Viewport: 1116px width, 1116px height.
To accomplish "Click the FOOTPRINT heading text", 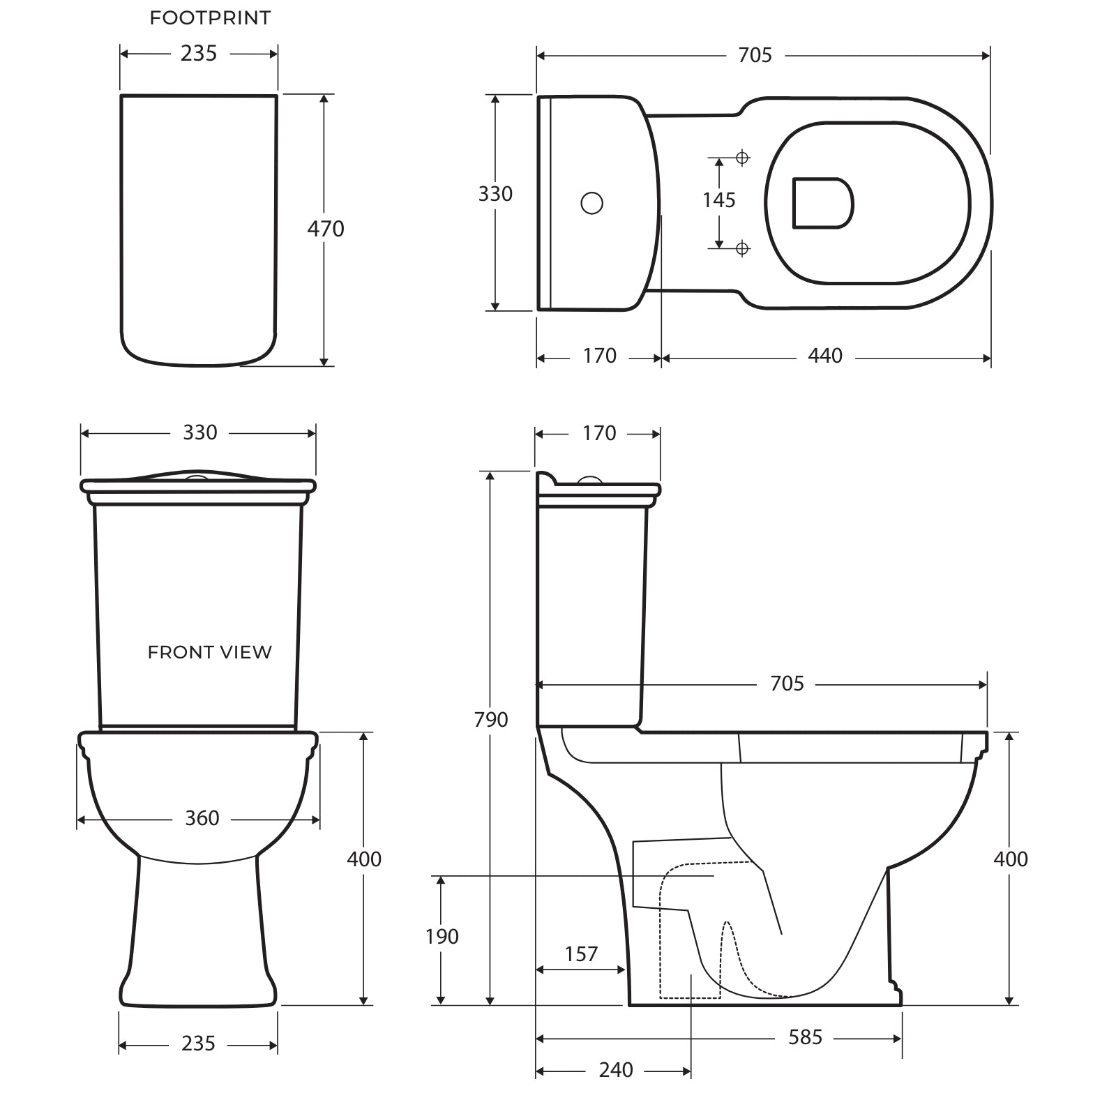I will (x=210, y=18).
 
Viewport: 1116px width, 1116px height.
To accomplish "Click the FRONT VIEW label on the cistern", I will (x=209, y=652).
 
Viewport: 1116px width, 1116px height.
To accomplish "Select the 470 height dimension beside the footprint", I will (x=326, y=229).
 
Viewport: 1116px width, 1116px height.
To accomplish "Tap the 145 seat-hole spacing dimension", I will (x=718, y=200).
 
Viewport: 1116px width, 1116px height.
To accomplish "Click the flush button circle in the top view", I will (x=591, y=203).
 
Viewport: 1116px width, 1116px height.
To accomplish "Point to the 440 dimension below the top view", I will (x=825, y=356).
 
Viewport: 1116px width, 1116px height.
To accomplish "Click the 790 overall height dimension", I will (x=490, y=719).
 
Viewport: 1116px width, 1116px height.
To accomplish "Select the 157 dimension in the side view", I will (x=581, y=953).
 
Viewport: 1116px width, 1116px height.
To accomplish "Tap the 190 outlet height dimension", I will (x=442, y=936).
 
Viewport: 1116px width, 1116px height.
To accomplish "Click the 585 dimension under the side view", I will (x=805, y=1037).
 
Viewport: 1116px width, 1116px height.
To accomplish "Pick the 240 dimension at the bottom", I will (x=616, y=1070).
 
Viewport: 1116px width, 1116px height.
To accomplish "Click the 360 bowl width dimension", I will (x=202, y=818).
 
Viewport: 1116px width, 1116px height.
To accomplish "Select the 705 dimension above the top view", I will (x=755, y=55).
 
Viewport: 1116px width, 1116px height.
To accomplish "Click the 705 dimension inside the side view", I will (x=787, y=684).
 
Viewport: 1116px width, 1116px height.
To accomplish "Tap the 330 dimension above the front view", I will (x=200, y=432).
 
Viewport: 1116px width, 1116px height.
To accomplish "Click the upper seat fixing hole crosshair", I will (x=742, y=158).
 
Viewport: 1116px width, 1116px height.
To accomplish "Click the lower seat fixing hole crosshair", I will (x=742, y=248).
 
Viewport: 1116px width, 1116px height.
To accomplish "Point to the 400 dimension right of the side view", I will (x=1010, y=859).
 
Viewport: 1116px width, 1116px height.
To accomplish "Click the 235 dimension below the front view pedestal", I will (x=198, y=1043).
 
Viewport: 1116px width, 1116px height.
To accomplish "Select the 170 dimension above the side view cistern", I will (x=599, y=433).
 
